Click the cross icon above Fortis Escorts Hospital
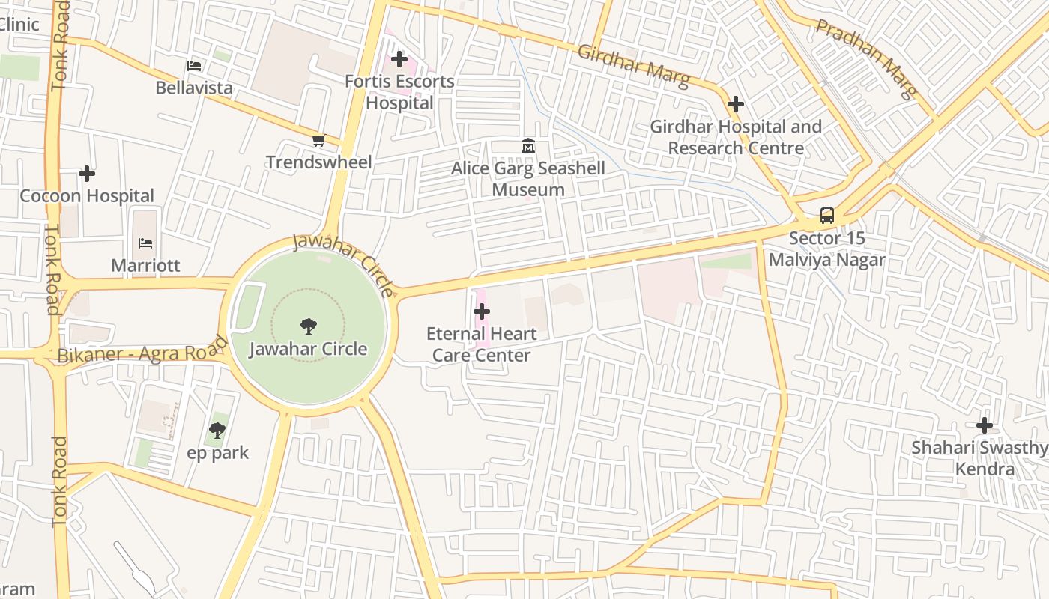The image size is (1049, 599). (399, 59)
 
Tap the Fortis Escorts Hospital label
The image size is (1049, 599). (399, 92)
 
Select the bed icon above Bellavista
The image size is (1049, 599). (194, 66)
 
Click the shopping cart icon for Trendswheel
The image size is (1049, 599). (319, 140)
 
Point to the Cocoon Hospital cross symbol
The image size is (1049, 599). (87, 174)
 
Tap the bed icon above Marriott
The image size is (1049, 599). (145, 243)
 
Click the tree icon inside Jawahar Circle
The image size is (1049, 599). (308, 326)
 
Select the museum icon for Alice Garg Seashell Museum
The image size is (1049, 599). (528, 146)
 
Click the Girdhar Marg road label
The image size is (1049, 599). (634, 66)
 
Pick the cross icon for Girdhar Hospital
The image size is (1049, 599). (736, 104)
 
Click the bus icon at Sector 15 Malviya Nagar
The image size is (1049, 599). (826, 216)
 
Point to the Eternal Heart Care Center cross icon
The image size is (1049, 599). (482, 311)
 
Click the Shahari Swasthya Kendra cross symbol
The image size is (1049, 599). (984, 425)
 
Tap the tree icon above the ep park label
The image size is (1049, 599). (217, 431)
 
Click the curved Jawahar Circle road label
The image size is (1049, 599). (344, 262)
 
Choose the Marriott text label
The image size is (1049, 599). (145, 266)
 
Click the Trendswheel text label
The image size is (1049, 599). (319, 162)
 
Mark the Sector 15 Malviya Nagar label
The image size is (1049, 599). (826, 249)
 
